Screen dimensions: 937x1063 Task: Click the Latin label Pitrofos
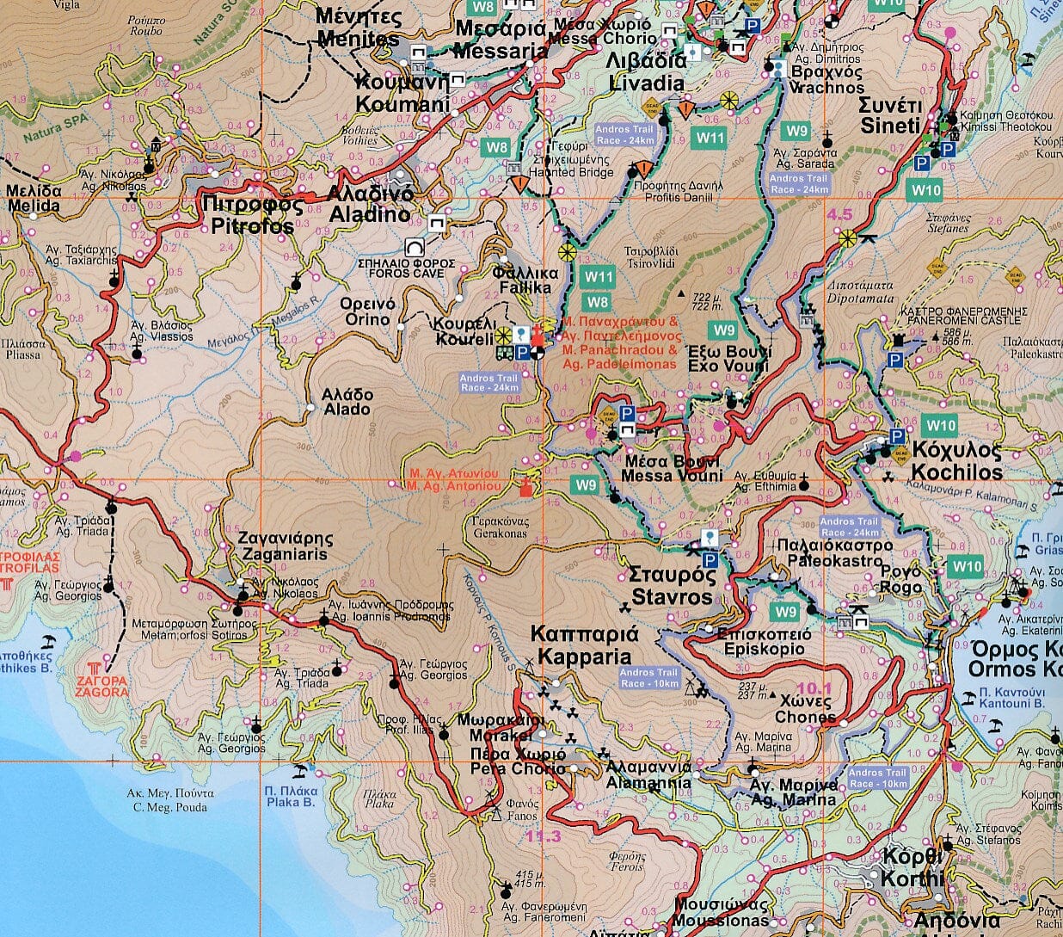(x=253, y=226)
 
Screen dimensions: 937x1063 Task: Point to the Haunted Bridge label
(x=576, y=172)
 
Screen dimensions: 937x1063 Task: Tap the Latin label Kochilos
(x=956, y=472)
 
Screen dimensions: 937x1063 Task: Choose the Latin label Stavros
(x=672, y=597)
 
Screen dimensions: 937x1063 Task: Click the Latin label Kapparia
(x=584, y=657)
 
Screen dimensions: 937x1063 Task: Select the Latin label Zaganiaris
(x=285, y=555)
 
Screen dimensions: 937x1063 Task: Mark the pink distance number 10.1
(x=814, y=688)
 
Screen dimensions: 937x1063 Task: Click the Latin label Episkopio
(x=764, y=649)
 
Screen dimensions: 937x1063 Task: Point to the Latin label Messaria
(x=500, y=52)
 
